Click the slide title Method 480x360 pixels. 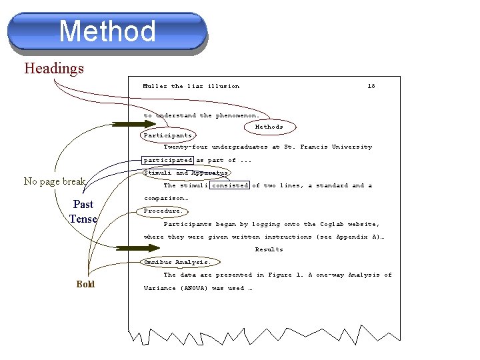[107, 31]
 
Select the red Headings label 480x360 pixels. [54, 68]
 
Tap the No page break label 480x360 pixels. [55, 181]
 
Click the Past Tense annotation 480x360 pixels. [83, 211]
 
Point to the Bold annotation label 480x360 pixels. [85, 285]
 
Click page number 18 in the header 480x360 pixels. [371, 86]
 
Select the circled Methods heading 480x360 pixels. [269, 127]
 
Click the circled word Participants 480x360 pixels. [168, 135]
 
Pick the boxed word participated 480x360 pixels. [168, 160]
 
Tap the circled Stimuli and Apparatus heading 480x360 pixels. [186, 173]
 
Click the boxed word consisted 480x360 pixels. [230, 185]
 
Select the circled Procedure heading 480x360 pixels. [163, 211]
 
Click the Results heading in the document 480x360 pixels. [269, 249]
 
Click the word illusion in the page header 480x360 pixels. [223, 86]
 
